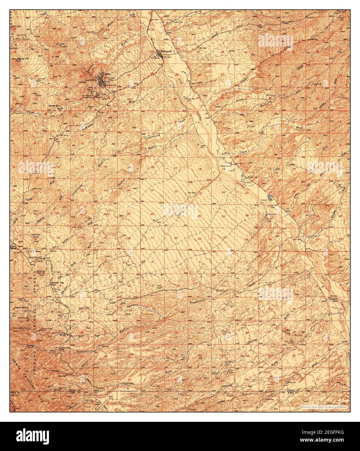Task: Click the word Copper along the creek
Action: tap(247, 79)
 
